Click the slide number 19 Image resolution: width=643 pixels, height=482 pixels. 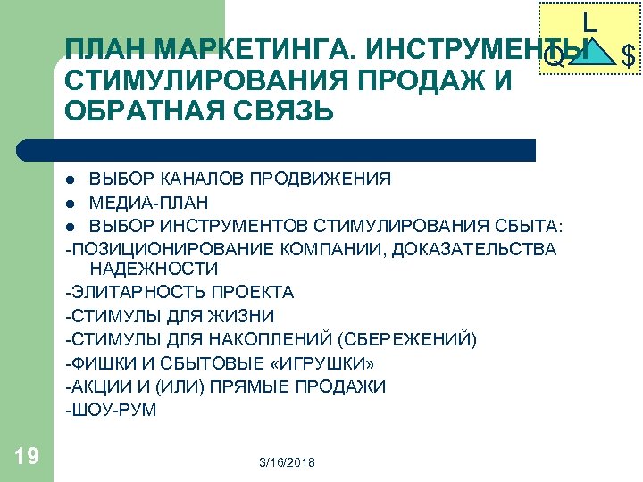click(x=27, y=457)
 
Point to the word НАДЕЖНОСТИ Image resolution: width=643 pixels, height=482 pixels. click(x=154, y=269)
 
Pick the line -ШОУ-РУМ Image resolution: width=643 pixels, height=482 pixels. click(x=111, y=411)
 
